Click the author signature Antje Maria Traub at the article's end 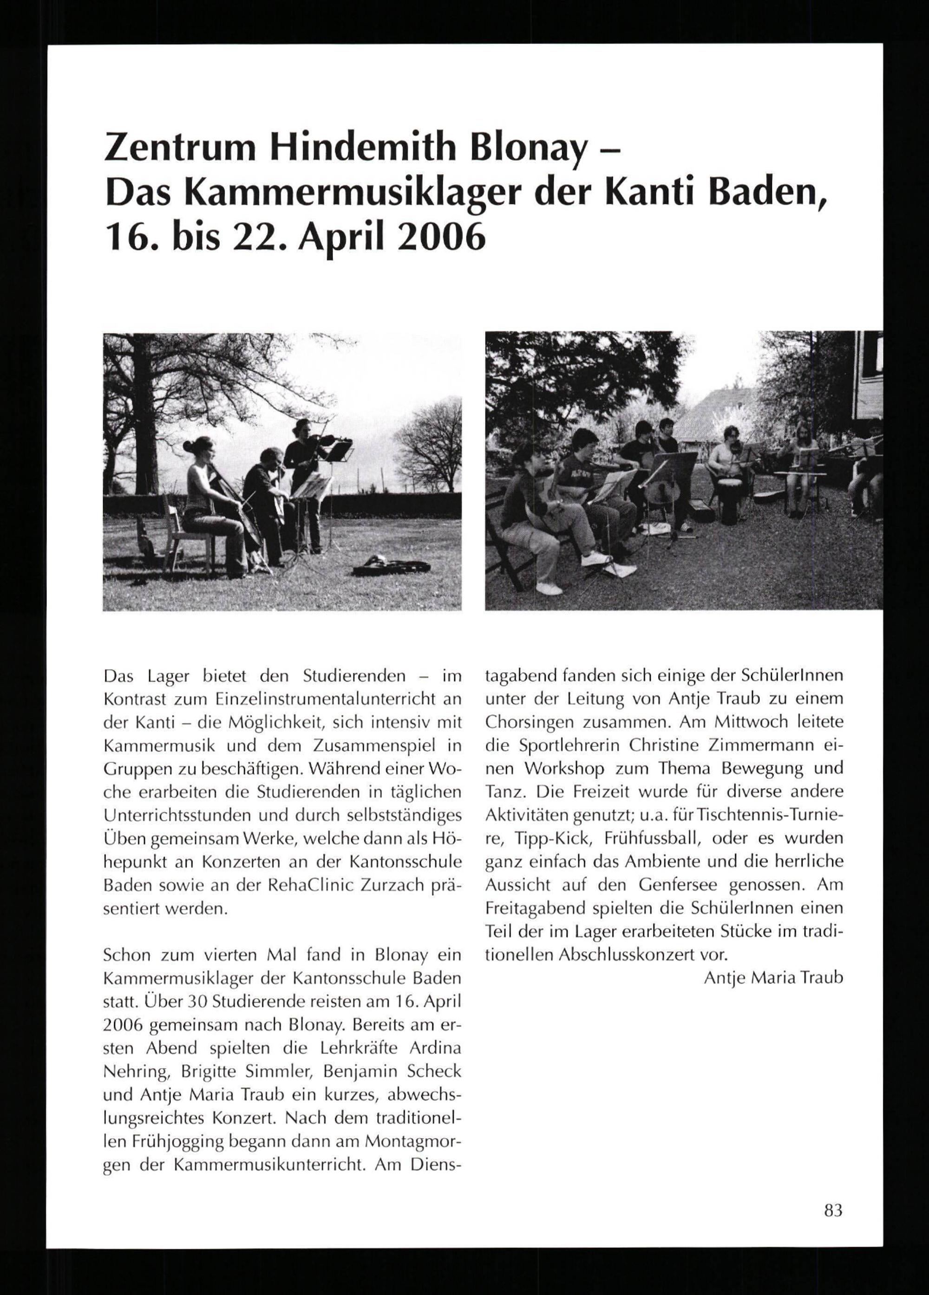(x=773, y=978)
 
